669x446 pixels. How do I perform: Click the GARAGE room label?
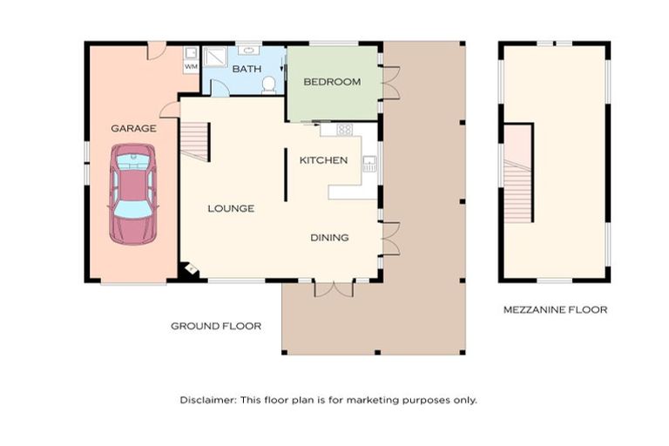point(133,128)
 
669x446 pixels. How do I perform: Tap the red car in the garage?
point(133,193)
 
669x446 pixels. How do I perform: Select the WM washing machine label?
point(191,66)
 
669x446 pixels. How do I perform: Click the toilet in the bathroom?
point(269,84)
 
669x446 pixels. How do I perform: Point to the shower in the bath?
point(215,57)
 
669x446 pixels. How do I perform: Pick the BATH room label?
point(247,69)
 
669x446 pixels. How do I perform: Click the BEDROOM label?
point(332,82)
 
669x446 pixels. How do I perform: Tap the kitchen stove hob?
point(344,129)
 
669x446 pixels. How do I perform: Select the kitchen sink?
point(369,164)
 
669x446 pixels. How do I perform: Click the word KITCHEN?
point(323,160)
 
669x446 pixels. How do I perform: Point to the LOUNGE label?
point(231,208)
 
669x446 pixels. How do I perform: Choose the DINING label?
point(329,237)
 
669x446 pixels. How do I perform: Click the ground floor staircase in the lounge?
point(195,141)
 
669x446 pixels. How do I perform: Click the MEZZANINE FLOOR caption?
point(555,310)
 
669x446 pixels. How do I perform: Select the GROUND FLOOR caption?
point(216,326)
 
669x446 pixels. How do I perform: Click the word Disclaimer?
point(207,400)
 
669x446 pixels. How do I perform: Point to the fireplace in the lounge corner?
point(190,269)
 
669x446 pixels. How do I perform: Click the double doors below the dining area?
point(334,288)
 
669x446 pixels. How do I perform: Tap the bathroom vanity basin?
point(248,51)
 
